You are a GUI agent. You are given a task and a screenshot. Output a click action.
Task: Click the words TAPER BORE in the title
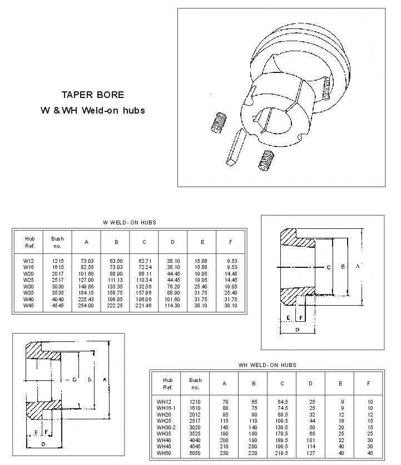pos(92,95)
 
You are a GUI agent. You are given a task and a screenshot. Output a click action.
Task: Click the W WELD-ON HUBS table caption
pos(130,222)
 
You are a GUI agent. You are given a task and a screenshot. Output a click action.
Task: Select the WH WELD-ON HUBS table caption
pos(267,365)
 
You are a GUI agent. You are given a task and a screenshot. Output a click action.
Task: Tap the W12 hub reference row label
pos(29,261)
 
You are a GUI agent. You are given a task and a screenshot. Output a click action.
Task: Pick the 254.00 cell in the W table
pos(86,305)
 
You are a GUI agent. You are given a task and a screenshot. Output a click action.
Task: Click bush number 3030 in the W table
pos(57,286)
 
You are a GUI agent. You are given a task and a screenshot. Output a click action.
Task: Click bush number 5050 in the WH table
pos(194,452)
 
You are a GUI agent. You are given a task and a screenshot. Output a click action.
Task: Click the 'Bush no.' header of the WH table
pos(194,384)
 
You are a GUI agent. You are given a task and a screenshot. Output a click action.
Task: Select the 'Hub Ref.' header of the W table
pos(29,242)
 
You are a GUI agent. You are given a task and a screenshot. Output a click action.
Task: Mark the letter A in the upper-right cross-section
pos(358,267)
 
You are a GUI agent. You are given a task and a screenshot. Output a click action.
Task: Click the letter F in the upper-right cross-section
pos(301,317)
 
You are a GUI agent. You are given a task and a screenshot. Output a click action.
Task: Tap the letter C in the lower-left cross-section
pos(75,380)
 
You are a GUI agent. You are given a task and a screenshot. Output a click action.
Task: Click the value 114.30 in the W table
pos(173,305)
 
